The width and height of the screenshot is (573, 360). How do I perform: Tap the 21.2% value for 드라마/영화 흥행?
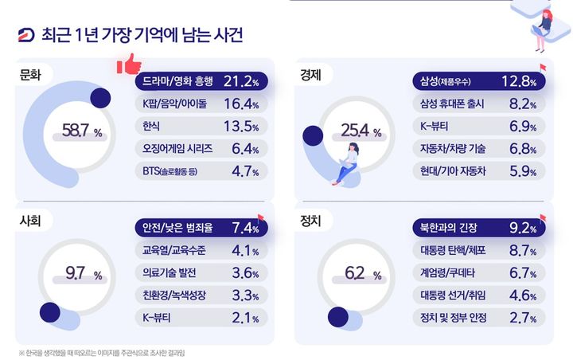(241, 81)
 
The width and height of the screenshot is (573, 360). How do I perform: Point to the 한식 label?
(151, 126)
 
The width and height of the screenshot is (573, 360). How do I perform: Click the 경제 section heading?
(311, 75)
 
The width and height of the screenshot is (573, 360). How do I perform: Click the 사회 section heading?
(32, 217)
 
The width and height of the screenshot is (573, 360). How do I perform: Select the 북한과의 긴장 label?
(450, 227)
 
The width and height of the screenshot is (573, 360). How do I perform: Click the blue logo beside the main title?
(25, 37)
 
